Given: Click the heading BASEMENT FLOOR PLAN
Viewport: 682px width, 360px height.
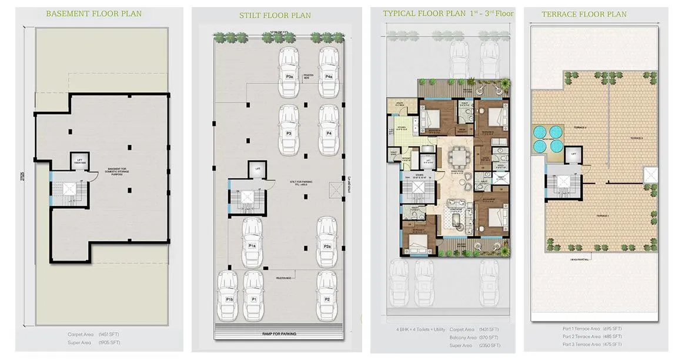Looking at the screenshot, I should click(x=94, y=14).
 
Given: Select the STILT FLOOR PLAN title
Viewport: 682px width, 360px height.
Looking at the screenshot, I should click(x=276, y=15).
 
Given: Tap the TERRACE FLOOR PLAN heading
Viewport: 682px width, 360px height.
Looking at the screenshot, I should click(x=584, y=14).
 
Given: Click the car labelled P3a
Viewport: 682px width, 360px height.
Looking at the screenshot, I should click(x=289, y=72).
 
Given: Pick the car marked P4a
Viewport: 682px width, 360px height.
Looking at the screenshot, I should click(x=329, y=72).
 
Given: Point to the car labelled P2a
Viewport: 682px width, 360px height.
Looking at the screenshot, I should click(x=327, y=242).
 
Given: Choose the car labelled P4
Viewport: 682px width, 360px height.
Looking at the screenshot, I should click(x=329, y=131).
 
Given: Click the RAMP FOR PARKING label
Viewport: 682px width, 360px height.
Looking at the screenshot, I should click(x=279, y=334).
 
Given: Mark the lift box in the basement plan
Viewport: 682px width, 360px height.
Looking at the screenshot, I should click(x=79, y=161).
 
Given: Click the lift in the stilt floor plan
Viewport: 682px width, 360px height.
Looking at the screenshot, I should click(x=257, y=170).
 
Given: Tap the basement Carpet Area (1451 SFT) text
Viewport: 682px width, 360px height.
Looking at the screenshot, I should click(x=94, y=334).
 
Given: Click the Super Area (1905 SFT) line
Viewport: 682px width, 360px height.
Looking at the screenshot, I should click(x=94, y=342).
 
